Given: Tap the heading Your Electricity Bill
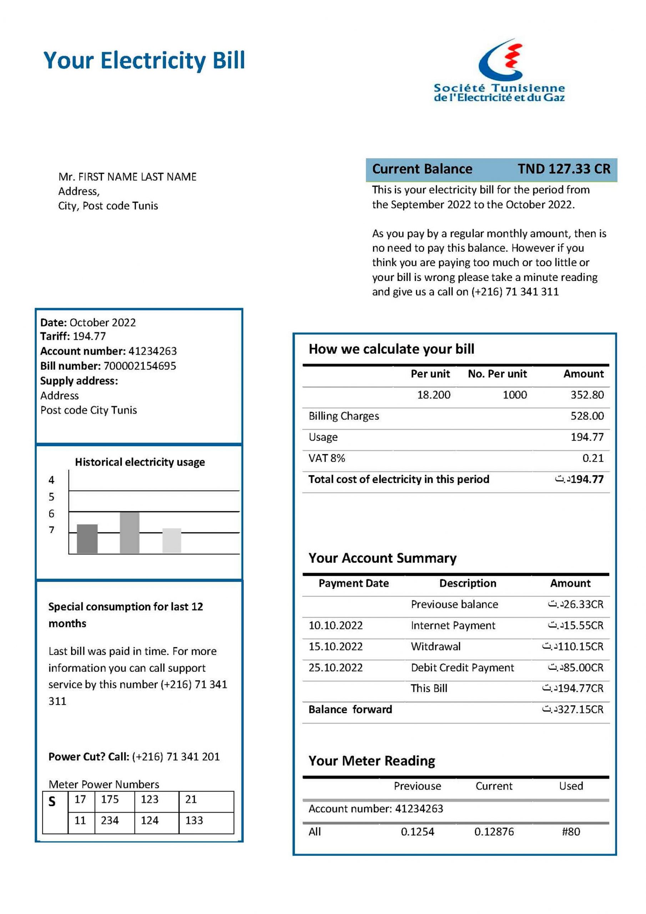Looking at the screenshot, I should tap(144, 60).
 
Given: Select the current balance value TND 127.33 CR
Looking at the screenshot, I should tap(564, 169).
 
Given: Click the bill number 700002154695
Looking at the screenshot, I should tap(140, 366).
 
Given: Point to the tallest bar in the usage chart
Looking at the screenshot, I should tap(129, 532).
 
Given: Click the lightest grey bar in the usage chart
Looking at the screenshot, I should tap(172, 540).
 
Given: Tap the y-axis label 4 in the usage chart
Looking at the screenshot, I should tap(51, 480).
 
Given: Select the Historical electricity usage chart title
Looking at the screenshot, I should tap(140, 462).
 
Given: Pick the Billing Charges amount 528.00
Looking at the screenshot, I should tap(587, 416).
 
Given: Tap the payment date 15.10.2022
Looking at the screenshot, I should tap(335, 647).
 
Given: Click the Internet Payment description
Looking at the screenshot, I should tap(453, 626).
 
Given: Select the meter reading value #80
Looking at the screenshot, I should tap(570, 832).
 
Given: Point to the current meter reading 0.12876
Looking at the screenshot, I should tap(494, 832).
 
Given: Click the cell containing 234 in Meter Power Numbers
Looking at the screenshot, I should tap(110, 820).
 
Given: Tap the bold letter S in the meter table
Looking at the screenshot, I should tap(52, 801).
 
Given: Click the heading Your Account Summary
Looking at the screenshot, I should tap(382, 558).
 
